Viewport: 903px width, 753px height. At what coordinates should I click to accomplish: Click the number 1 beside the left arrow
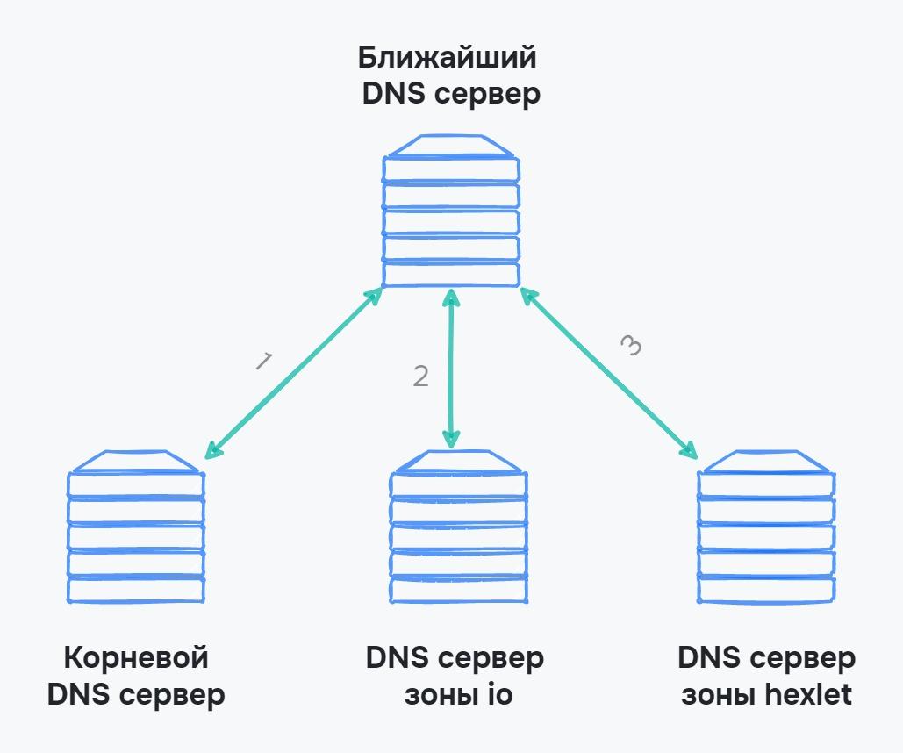(x=263, y=361)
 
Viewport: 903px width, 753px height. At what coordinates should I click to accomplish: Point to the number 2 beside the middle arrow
(x=421, y=376)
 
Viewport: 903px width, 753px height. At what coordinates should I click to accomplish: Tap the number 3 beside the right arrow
(x=631, y=346)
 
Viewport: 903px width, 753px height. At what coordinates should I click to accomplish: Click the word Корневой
(x=136, y=657)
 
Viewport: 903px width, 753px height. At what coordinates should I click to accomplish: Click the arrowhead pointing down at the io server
(x=451, y=438)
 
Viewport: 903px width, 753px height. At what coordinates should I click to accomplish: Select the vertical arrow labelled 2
(x=451, y=369)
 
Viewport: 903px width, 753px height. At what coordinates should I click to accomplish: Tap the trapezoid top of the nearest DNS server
(x=451, y=146)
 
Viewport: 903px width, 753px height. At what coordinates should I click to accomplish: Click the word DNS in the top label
(x=391, y=94)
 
